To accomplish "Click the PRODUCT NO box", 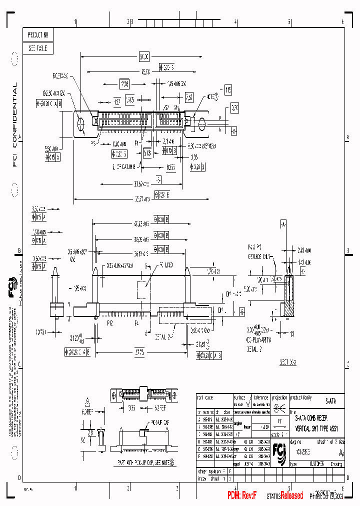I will [38, 35].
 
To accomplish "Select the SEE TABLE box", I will [38, 48].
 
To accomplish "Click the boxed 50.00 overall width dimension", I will [144, 56].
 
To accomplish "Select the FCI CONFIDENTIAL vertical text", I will [14, 124].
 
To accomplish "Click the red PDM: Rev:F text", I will [242, 495].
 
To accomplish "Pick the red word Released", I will [291, 495].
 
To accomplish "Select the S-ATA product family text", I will [330, 400].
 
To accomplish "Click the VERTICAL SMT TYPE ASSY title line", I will [316, 429].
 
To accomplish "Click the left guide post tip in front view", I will [95, 270].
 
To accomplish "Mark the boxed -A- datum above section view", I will [283, 224].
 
